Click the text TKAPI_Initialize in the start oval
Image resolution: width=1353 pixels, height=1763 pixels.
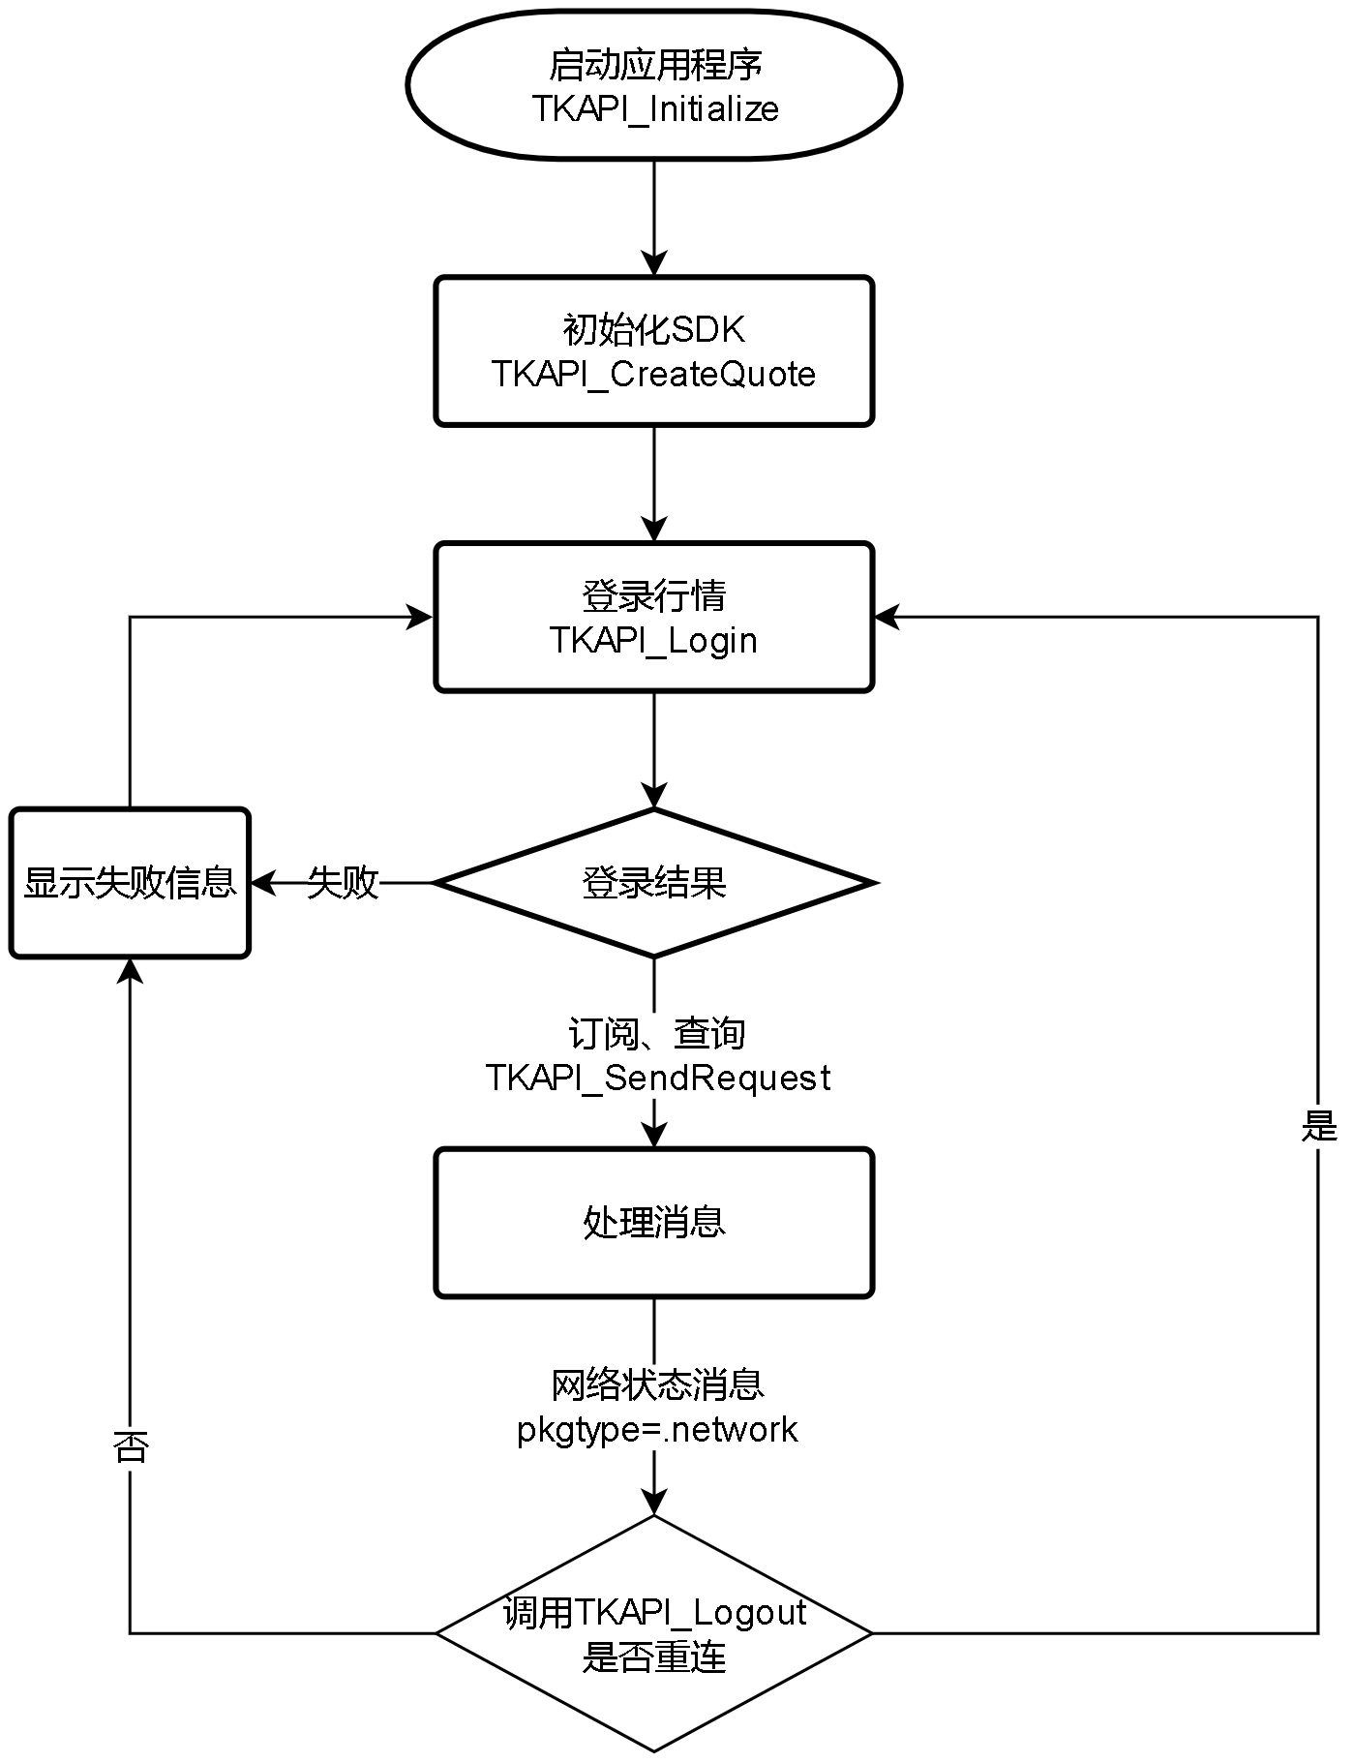[654, 108]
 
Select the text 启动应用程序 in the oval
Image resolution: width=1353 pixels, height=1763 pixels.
[654, 65]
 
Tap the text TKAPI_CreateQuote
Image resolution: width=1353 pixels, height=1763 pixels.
[654, 375]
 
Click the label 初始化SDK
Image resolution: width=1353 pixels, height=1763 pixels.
[654, 330]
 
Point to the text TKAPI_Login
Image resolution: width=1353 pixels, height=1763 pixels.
[654, 641]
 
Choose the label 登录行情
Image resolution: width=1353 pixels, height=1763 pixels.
[654, 596]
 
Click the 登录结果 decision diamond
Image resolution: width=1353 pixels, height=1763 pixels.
[654, 883]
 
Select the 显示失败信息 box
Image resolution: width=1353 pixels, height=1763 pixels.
[130, 883]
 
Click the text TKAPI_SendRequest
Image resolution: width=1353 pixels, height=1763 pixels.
[658, 1078]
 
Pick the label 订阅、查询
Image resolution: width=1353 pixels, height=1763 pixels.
[656, 1034]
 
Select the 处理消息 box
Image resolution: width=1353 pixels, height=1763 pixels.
[654, 1223]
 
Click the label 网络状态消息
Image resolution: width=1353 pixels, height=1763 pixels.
[658, 1385]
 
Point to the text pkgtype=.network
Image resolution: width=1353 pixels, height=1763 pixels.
[658, 1430]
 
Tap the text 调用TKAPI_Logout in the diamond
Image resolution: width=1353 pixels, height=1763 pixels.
[654, 1614]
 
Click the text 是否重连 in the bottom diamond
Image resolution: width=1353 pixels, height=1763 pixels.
[654, 1658]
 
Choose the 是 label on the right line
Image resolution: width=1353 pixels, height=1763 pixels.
[1318, 1126]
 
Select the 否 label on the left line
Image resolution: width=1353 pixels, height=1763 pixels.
[130, 1448]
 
